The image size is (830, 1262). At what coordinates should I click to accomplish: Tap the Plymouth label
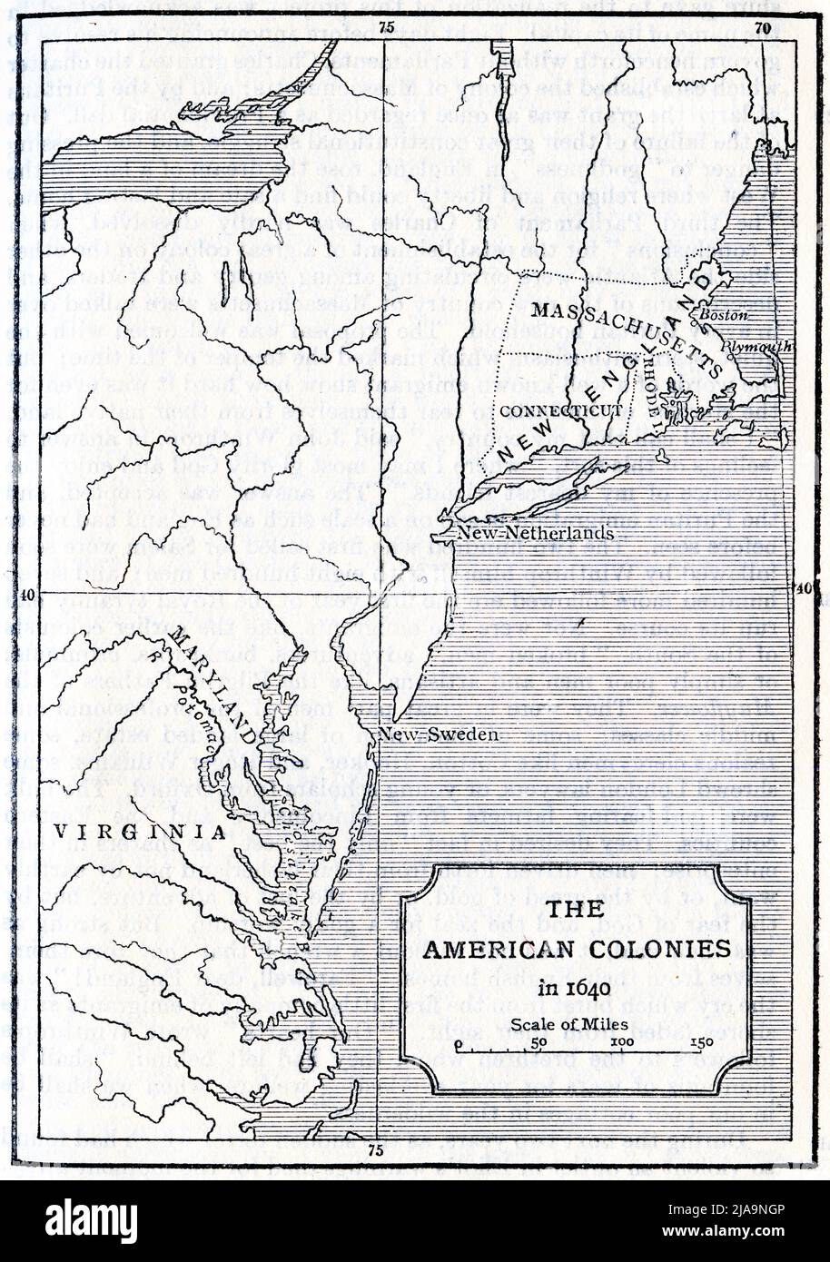(771, 346)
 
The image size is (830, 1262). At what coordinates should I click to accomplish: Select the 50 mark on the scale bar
(539, 1041)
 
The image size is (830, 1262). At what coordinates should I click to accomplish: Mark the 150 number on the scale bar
(702, 1041)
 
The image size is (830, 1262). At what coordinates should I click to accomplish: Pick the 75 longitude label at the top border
(386, 27)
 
